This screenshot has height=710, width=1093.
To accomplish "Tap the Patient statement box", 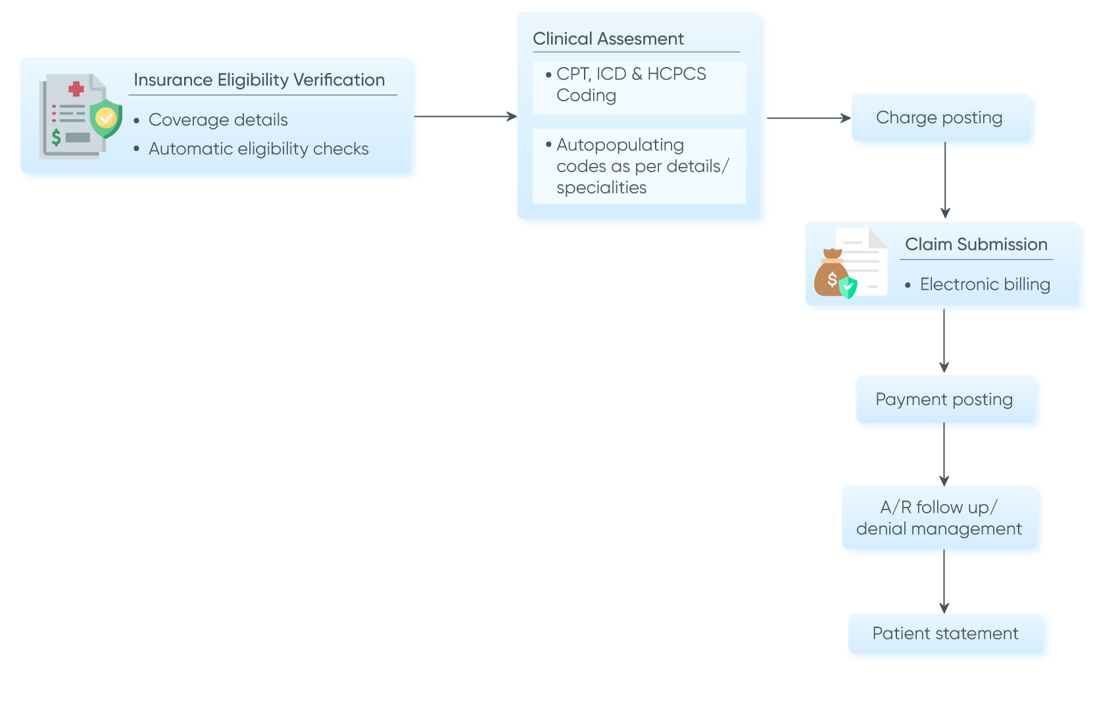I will coord(948,634).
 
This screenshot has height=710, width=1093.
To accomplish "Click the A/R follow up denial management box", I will coord(941,519).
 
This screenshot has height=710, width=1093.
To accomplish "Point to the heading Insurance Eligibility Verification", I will coord(259,80).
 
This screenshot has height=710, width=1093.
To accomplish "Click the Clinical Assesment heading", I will coord(608,39).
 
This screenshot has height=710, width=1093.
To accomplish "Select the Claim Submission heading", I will coord(976,245).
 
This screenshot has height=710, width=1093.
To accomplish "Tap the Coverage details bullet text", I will coord(218,120).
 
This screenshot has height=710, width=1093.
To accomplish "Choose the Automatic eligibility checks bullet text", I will coord(258,149).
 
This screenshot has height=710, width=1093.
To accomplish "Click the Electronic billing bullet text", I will coord(984,285).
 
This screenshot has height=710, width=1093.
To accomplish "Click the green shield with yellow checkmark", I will coord(105,118).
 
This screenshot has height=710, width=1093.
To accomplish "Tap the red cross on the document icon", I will coord(76,89).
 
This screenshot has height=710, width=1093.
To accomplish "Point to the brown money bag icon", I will coord(830,274).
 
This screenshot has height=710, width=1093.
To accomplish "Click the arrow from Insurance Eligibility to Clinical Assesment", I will coord(466,117).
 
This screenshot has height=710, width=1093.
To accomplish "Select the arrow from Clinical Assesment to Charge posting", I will coord(808,118).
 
